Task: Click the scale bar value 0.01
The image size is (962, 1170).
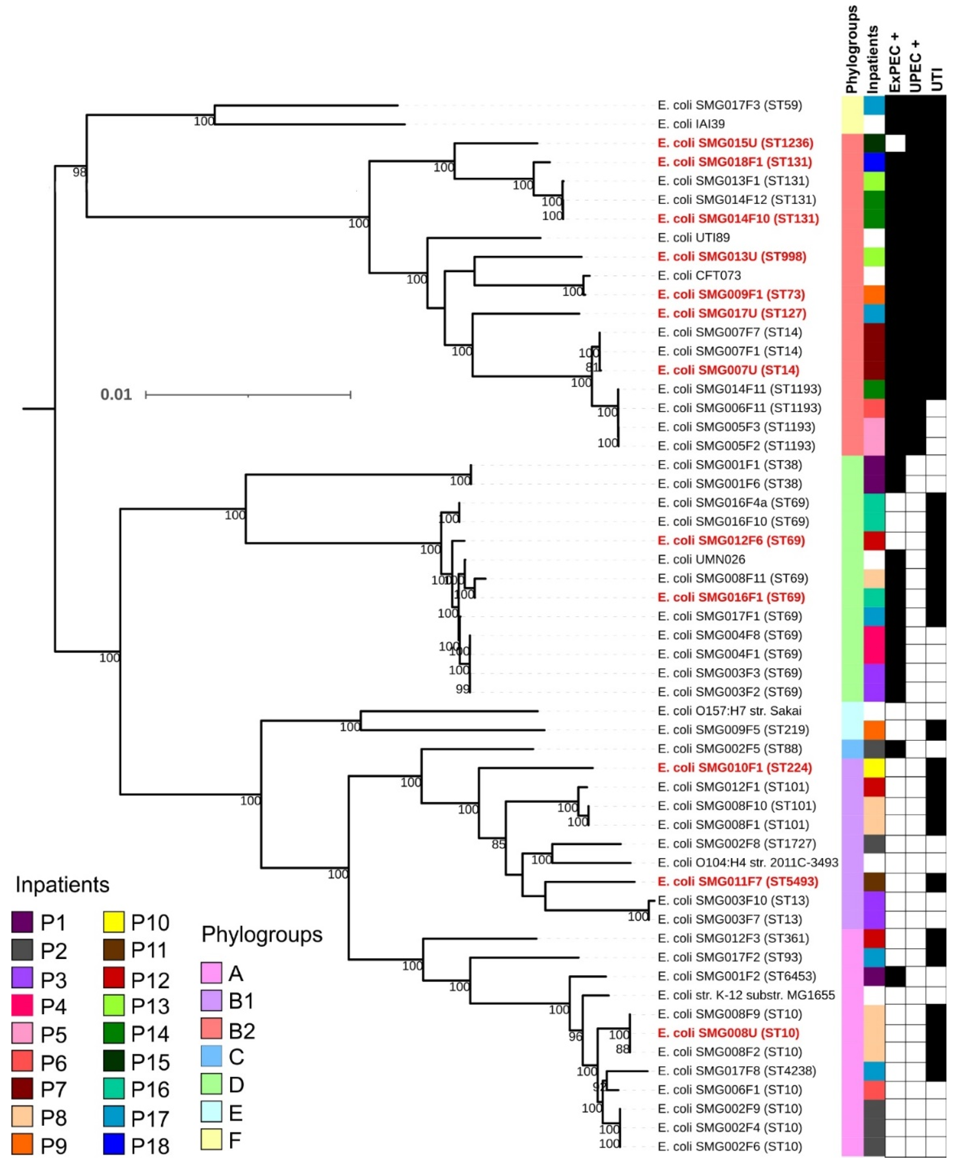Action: coord(116,394)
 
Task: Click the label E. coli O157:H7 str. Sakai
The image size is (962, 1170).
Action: coord(729,711)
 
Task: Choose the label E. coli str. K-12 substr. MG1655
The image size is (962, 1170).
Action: coord(746,995)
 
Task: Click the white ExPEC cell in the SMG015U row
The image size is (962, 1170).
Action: coord(895,143)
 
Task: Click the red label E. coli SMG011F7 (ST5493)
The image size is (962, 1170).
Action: coord(738,881)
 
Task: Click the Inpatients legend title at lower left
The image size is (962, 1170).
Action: coord(62,885)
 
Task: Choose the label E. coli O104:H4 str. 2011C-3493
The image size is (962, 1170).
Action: coord(747,862)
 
